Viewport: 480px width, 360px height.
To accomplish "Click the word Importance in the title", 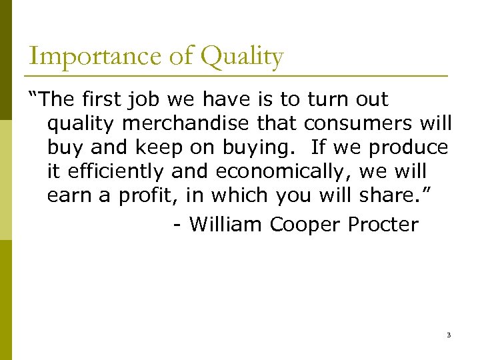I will click(x=76, y=56).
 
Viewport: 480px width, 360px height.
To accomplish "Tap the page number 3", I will click(x=449, y=335).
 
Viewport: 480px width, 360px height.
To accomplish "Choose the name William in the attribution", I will click(x=227, y=225).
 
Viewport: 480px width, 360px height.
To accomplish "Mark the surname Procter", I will click(x=383, y=225).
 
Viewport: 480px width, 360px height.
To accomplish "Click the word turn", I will click(x=327, y=99).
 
